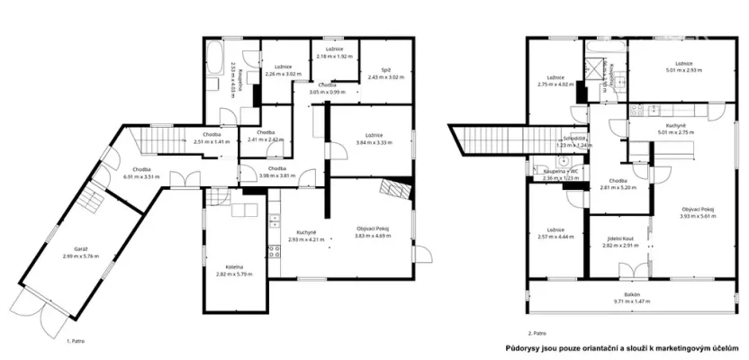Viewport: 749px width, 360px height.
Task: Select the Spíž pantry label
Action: (379, 68)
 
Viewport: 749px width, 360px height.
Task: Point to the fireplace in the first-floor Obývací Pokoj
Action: (393, 187)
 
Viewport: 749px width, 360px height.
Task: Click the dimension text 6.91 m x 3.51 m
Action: (140, 177)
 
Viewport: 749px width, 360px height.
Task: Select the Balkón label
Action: (633, 294)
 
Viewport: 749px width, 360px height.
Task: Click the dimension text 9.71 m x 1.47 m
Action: (633, 301)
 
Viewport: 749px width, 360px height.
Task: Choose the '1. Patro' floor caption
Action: (78, 341)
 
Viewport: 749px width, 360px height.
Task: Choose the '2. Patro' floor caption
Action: (537, 332)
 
